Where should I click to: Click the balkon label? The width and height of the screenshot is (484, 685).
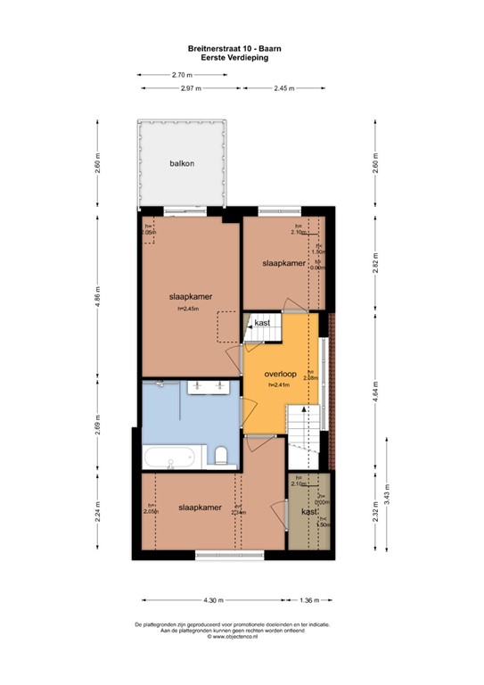pos(183,164)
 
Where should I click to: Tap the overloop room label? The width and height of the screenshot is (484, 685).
pos(281,374)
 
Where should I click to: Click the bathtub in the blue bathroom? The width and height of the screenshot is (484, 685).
pos(170,459)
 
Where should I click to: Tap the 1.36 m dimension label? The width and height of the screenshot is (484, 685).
pos(310,601)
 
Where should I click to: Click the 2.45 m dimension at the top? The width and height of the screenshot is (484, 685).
pos(284,89)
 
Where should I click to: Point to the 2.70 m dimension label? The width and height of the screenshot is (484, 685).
pos(184,76)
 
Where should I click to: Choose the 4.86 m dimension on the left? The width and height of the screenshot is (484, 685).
pos(98,295)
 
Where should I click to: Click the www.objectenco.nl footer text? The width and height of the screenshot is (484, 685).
pos(241,637)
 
